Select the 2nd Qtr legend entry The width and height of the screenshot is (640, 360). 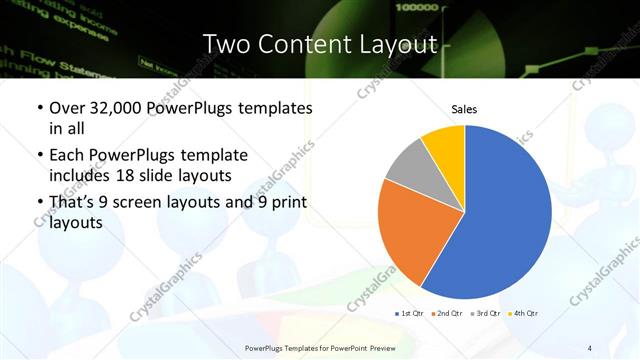pyautogui.click(x=446, y=313)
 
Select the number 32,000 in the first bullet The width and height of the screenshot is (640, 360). pyautogui.click(x=113, y=108)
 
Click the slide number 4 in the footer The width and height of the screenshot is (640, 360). pyautogui.click(x=589, y=348)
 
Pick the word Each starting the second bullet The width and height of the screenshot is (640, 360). pyautogui.click(x=67, y=156)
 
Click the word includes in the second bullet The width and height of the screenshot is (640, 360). pyautogui.click(x=83, y=177)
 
